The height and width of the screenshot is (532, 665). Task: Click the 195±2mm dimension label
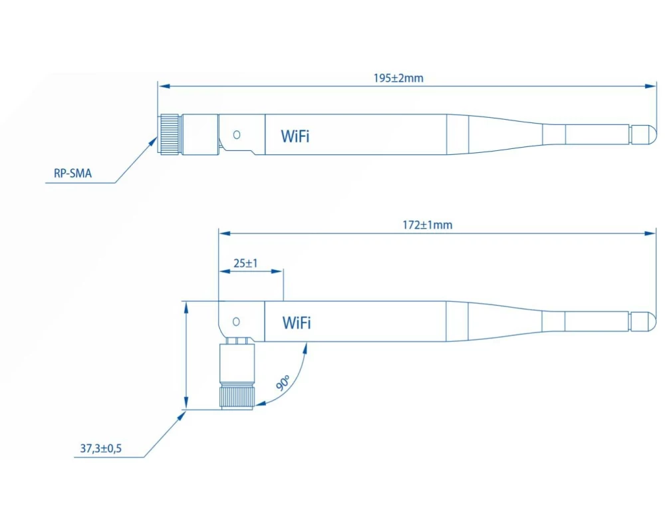[x=398, y=78]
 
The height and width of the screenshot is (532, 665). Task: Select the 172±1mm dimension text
[x=428, y=225]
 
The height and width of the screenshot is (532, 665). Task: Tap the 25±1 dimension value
[x=245, y=263]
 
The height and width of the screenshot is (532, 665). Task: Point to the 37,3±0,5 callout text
[x=101, y=448]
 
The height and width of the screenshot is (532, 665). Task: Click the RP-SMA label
[x=72, y=173]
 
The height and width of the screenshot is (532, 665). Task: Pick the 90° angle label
[x=283, y=382]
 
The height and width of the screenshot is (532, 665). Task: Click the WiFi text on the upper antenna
[x=295, y=136]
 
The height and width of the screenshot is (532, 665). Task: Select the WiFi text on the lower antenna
[x=297, y=323]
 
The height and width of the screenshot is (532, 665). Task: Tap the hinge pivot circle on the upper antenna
[x=237, y=135]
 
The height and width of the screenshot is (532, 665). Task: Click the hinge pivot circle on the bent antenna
[x=236, y=322]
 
